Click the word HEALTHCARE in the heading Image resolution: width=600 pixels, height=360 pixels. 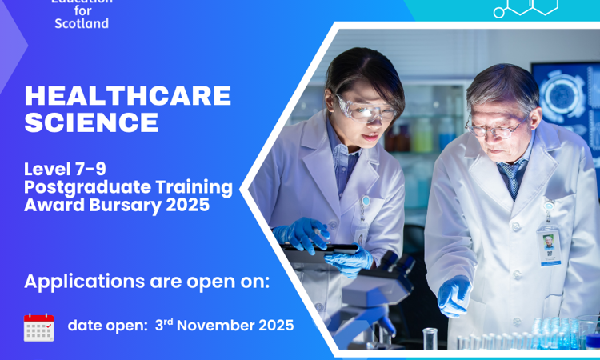pyautogui.click(x=128, y=97)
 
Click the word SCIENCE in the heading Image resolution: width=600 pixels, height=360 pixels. pyautogui.click(x=91, y=122)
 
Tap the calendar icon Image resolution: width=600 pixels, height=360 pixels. pyautogui.click(x=38, y=327)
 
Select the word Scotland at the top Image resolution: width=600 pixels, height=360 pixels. pyautogui.click(x=82, y=23)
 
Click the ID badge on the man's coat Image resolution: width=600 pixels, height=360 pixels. pyautogui.click(x=549, y=245)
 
